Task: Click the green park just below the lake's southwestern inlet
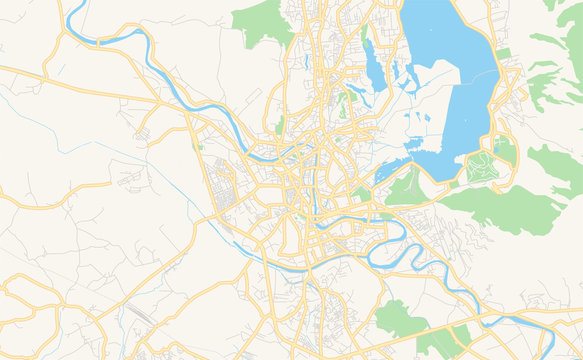click(x=406, y=187)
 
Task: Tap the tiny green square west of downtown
click(x=200, y=146)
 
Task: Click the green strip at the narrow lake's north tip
click(x=365, y=36)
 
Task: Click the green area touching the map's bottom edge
click(x=440, y=345)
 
